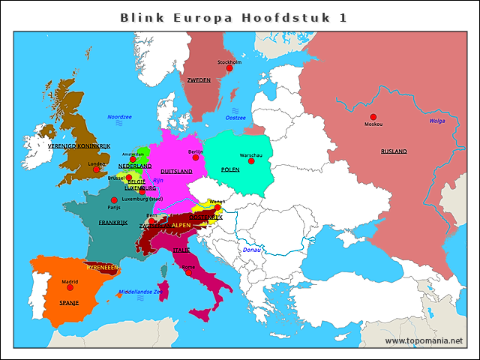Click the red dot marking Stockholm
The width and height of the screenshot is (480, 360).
(229, 68)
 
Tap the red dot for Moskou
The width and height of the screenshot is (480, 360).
(373, 117)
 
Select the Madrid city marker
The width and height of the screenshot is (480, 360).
(70, 287)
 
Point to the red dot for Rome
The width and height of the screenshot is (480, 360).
(188, 272)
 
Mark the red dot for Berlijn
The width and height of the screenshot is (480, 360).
(196, 158)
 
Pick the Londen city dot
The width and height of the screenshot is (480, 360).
(96, 169)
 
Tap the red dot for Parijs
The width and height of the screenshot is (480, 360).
(114, 200)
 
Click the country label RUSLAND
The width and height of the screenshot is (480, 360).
(394, 151)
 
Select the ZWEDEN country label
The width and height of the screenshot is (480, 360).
(199, 79)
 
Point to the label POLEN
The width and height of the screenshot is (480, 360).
(230, 169)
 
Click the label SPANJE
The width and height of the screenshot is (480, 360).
(70, 302)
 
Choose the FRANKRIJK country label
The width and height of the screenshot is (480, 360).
(113, 223)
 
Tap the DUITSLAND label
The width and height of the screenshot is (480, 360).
(176, 171)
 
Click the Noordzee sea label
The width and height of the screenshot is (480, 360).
(119, 117)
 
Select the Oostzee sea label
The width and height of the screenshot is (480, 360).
(235, 118)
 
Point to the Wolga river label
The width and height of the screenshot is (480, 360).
(436, 121)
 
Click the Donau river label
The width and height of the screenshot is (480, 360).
(250, 250)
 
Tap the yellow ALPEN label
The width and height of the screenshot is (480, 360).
(181, 225)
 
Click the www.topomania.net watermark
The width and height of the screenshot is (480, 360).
(424, 340)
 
